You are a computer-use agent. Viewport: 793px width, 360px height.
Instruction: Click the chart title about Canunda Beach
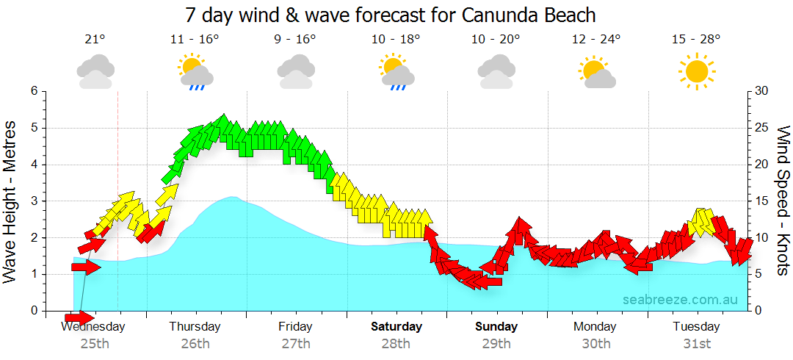tap(390, 15)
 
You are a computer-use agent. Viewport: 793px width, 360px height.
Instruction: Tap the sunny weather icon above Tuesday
tap(696, 72)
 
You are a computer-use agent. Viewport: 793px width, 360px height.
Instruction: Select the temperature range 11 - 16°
tap(195, 40)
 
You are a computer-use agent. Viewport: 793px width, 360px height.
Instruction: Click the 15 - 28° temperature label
tap(696, 40)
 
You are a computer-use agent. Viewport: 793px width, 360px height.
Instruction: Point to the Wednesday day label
tap(93, 327)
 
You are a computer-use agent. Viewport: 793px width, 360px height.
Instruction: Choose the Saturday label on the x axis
tap(396, 327)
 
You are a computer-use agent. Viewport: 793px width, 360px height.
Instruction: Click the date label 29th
tap(496, 343)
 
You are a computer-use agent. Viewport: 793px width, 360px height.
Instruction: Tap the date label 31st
tap(696, 343)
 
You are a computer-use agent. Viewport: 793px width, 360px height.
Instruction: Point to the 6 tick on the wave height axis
tap(33, 91)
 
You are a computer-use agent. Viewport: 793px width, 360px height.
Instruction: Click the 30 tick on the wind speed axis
tap(762, 91)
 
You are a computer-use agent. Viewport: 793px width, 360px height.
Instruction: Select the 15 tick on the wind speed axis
tap(762, 201)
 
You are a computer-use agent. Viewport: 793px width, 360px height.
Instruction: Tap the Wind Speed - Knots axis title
tap(783, 201)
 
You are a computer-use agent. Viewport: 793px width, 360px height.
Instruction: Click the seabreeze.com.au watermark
tap(680, 300)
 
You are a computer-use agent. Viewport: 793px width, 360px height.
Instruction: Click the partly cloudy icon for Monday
tap(595, 72)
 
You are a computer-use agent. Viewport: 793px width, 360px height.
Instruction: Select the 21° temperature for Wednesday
tap(95, 40)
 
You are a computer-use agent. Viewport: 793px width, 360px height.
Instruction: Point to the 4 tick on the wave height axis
tap(33, 165)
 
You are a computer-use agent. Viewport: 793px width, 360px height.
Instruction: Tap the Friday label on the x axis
tap(295, 327)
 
